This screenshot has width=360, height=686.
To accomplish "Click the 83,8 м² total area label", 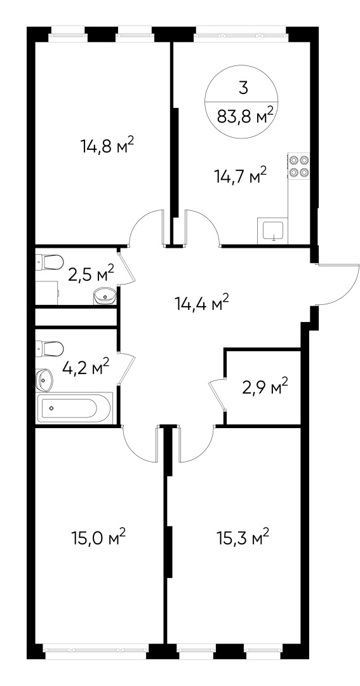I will coord(245,116).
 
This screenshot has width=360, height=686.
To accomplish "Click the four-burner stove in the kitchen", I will coord(299,166).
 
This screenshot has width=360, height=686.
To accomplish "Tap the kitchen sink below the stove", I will coord(273,230).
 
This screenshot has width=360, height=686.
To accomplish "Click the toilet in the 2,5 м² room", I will coord(50,261).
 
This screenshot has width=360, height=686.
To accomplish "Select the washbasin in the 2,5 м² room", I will coord(104,295).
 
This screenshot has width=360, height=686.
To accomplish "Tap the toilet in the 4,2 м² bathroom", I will coord(50,349).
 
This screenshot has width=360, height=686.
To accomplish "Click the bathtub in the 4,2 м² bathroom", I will coord(75,407).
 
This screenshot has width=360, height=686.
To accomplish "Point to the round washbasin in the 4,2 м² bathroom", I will coord(44,379).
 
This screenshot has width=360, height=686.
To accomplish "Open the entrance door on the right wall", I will coord(337,283).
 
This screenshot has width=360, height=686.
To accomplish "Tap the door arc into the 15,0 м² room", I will coord(138,445).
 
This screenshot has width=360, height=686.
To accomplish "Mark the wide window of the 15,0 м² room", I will coord(95,650).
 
